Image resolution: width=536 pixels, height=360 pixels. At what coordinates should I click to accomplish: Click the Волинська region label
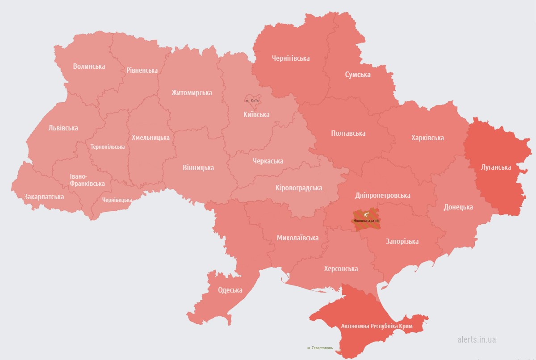coord(89,66)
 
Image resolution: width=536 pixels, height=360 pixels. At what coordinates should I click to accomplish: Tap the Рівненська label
coord(142,71)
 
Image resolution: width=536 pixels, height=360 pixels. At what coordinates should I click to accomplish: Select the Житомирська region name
coord(192,93)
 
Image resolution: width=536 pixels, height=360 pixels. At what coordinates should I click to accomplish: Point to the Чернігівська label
coord(291,58)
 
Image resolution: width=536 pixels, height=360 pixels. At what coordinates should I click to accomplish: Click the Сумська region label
coord(357,75)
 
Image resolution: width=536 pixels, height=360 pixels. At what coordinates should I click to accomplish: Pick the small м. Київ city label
coord(252,101)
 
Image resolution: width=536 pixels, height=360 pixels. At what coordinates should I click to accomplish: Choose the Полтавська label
coord(348,133)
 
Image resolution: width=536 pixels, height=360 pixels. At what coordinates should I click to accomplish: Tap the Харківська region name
coord(427,138)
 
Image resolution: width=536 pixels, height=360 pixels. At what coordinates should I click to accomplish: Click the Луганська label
coord(496,167)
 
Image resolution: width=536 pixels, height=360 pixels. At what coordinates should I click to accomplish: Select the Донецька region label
coord(458,207)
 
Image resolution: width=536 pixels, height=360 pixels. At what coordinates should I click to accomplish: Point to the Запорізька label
coord(402,242)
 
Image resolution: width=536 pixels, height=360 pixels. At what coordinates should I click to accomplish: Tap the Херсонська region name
coord(341,268)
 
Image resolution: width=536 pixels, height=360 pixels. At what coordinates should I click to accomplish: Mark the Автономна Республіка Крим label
coord(376,327)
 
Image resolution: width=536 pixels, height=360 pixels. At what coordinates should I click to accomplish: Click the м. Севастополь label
coord(320,348)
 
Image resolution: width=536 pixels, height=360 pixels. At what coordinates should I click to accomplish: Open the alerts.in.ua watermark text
coord(477,339)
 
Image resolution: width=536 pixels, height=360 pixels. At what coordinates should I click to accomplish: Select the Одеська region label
coord(230,290)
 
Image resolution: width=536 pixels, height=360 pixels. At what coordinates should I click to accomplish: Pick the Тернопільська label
coord(107,147)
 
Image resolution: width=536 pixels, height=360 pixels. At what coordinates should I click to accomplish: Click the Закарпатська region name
coord(44,197)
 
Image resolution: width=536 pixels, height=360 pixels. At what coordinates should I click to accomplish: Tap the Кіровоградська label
coord(299,188)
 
